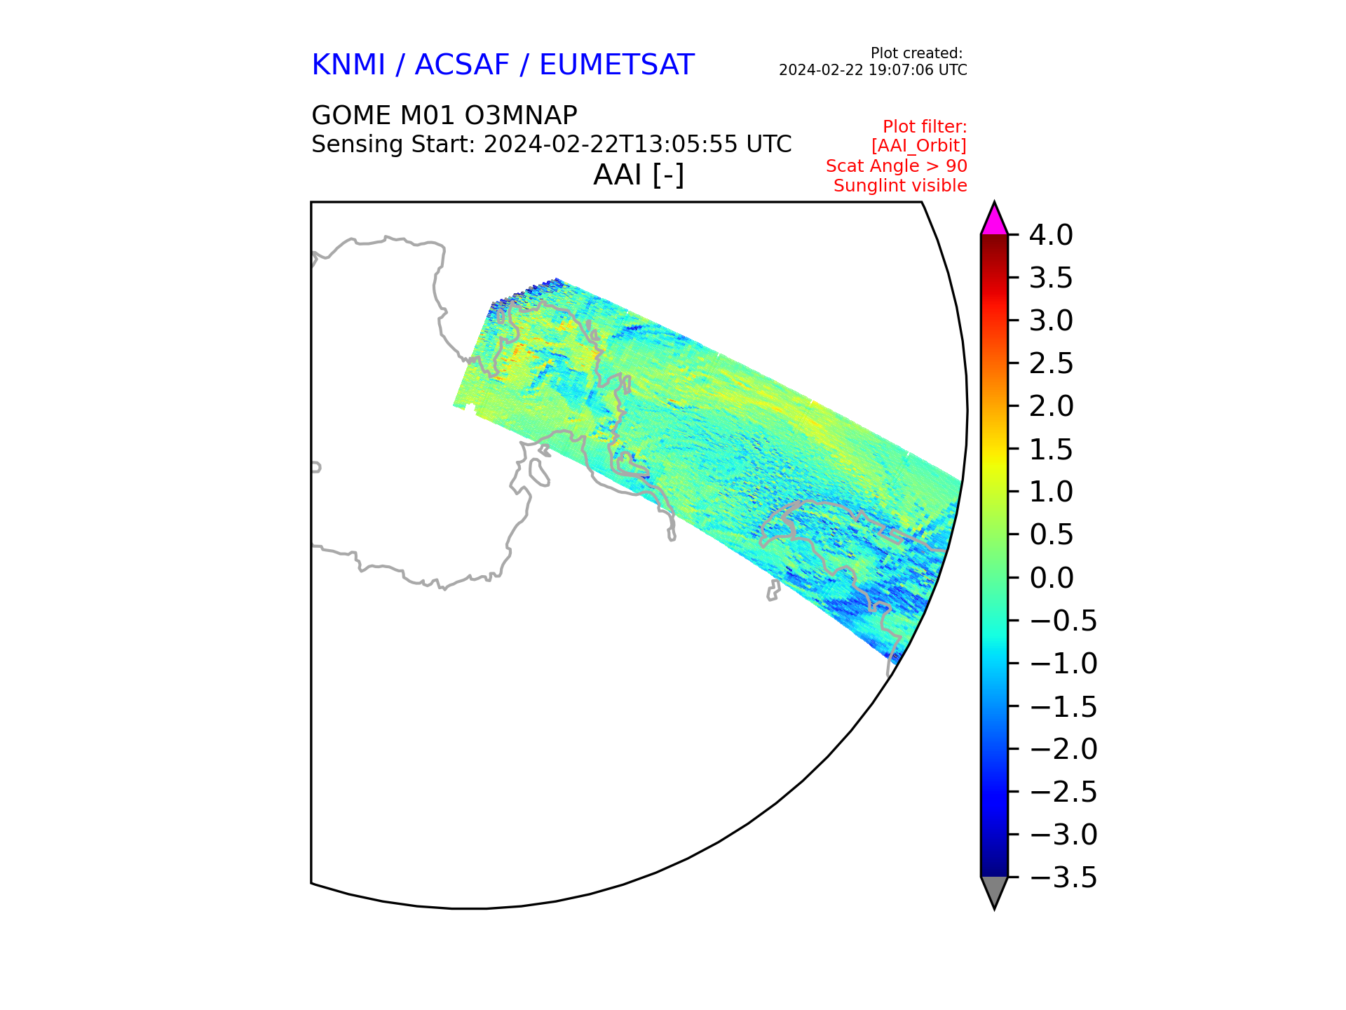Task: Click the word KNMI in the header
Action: (348, 65)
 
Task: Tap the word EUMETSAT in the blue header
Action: (616, 65)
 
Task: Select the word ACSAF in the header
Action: (462, 65)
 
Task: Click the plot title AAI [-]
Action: (639, 175)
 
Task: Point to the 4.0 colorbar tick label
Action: (1051, 235)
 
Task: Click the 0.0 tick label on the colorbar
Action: (1051, 578)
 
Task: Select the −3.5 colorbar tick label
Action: (1063, 877)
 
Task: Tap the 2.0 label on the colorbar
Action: (1051, 406)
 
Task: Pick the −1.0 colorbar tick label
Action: (1063, 664)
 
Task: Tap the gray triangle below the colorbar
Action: (994, 890)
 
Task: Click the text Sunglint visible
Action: (900, 186)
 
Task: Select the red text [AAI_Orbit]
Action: (918, 146)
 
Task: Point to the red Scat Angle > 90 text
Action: (896, 166)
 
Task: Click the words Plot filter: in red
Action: (925, 127)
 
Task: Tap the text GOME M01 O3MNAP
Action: (444, 115)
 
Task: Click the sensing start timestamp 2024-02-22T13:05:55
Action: (611, 144)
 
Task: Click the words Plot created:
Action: (916, 53)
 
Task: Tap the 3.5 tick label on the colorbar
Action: (1051, 278)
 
